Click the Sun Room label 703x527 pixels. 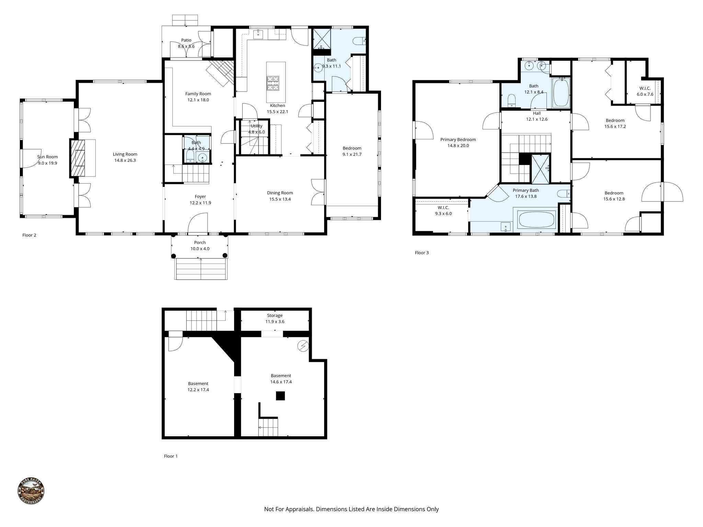pos(47,157)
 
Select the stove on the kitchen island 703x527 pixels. pos(274,83)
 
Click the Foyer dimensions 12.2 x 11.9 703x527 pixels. pos(200,203)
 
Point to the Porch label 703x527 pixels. pos(200,243)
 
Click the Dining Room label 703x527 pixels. pos(280,193)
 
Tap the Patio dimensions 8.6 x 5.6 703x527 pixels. pos(186,46)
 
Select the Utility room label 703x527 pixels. pos(256,126)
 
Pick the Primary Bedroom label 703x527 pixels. pos(458,140)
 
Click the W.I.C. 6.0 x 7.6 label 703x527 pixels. pos(645,91)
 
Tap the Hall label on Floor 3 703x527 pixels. pos(537,113)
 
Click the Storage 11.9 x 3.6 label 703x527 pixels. pos(275,318)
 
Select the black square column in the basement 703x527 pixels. pos(280,396)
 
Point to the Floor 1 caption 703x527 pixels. pos(171,456)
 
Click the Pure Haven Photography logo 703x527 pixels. pos(31,492)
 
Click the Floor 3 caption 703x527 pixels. pos(422,253)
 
